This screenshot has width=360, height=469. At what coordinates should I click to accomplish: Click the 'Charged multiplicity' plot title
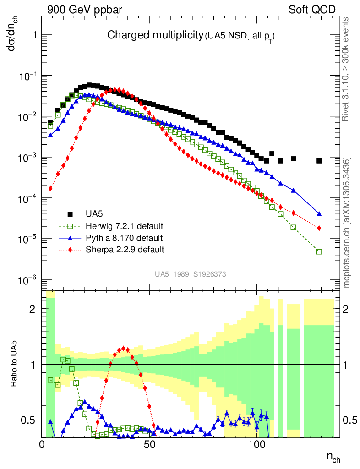(155, 35)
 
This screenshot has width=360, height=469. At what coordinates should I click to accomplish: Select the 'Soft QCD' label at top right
(311, 10)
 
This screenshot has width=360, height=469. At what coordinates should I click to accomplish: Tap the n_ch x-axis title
(333, 457)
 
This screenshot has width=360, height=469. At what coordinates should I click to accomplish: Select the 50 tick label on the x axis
(149, 444)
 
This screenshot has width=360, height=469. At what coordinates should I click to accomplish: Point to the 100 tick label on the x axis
(257, 444)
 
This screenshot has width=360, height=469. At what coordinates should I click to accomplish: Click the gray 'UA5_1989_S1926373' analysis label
(190, 274)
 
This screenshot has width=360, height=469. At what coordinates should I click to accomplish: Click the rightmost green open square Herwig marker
(319, 251)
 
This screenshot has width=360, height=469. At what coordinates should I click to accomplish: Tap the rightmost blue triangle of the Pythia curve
(319, 214)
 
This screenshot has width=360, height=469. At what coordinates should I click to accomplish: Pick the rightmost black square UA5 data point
(319, 161)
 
